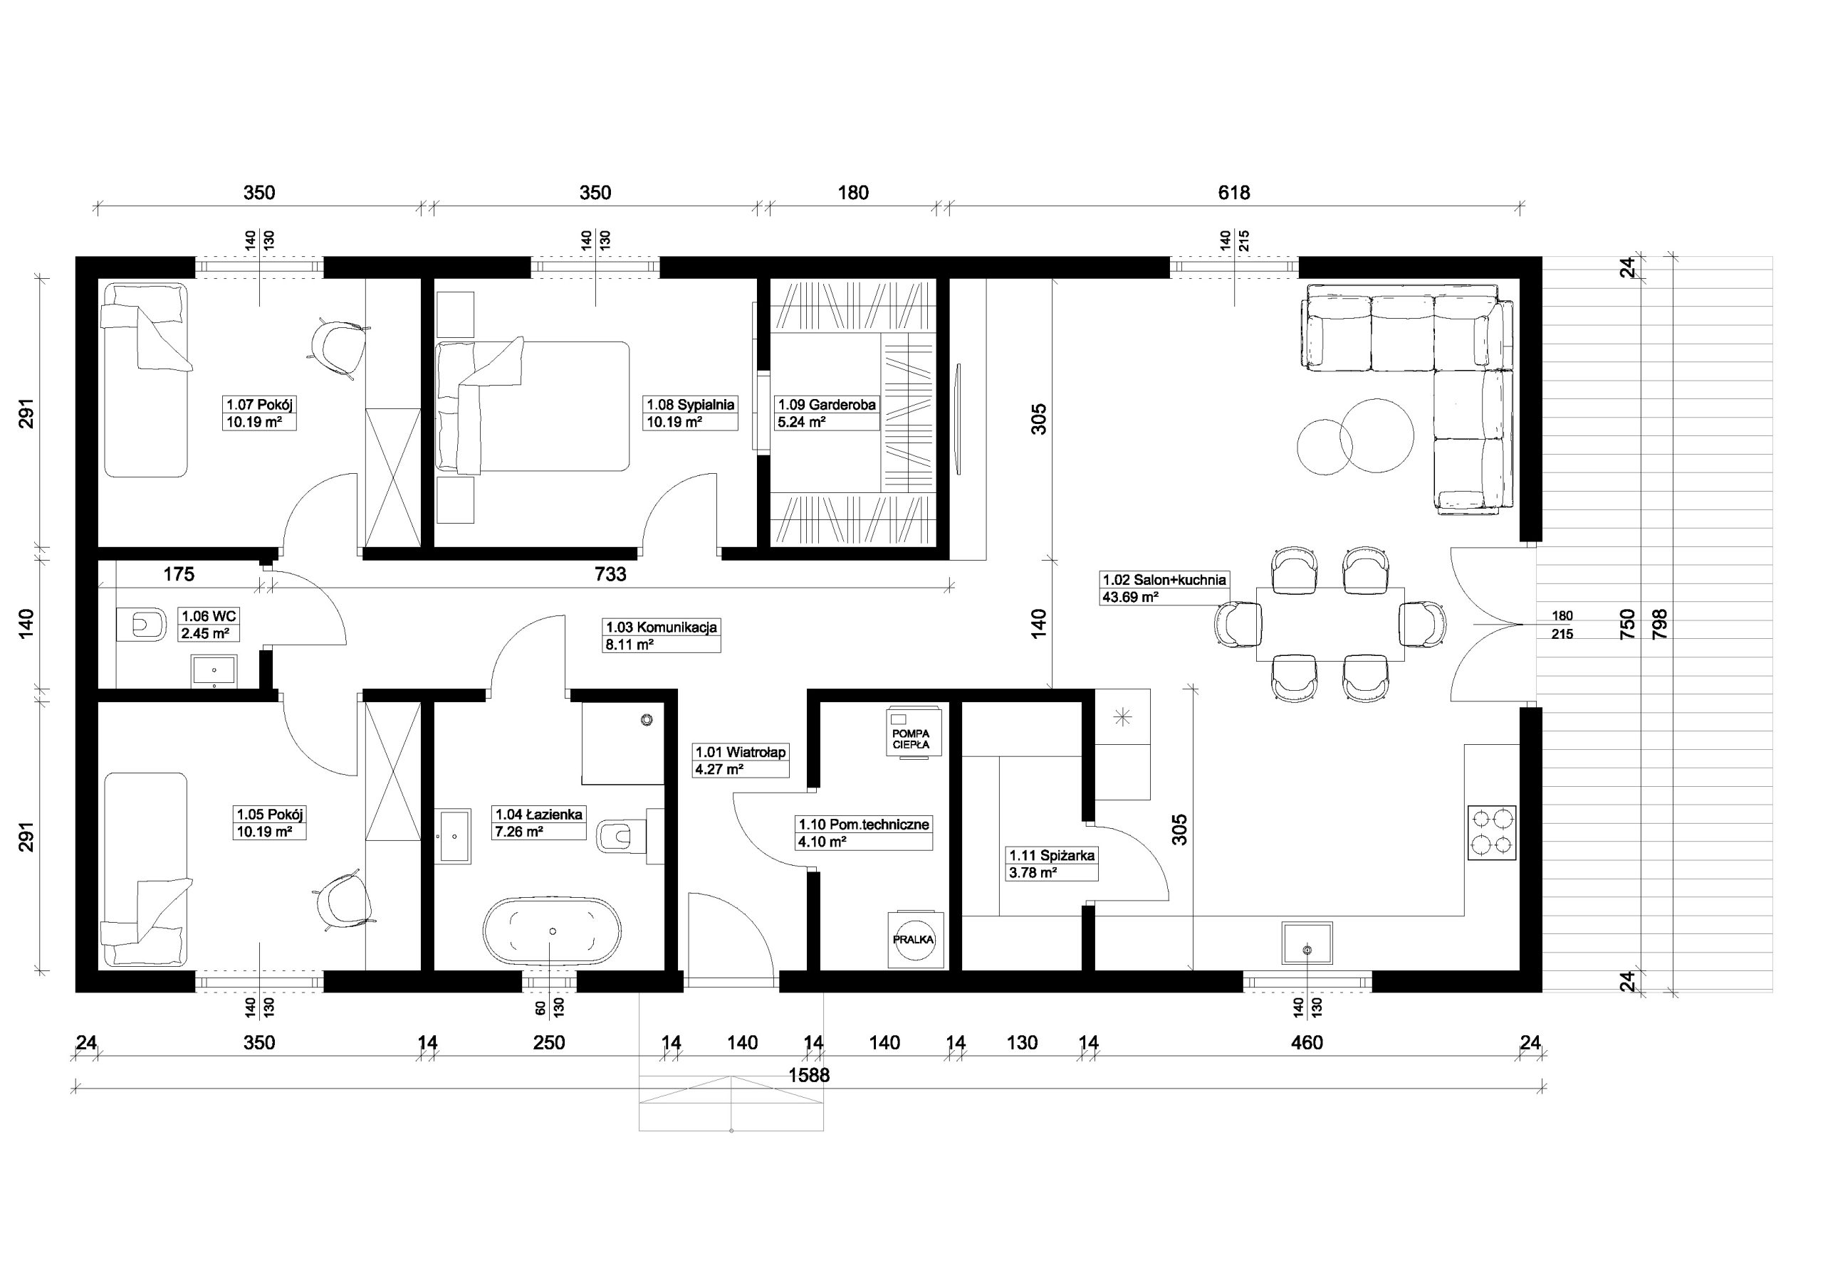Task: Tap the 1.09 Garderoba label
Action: (827, 405)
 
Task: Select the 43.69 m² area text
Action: (1130, 597)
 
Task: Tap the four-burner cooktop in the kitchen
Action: (1492, 832)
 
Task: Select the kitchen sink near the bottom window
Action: (1307, 943)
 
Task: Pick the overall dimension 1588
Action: (808, 1075)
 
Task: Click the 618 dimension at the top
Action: (1234, 193)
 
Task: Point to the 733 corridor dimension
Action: (610, 573)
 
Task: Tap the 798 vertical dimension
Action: (1659, 625)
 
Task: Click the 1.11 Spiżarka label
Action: (1052, 855)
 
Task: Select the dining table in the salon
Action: (1330, 625)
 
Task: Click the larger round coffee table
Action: (1377, 435)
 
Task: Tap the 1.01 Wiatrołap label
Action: (741, 751)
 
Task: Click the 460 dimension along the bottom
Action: (1307, 1042)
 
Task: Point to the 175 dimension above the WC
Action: (179, 573)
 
